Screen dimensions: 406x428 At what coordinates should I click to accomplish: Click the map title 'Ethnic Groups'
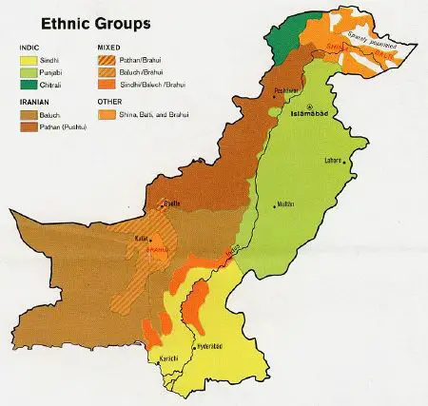pos(71,21)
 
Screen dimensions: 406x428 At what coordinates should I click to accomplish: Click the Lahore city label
pos(332,160)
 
